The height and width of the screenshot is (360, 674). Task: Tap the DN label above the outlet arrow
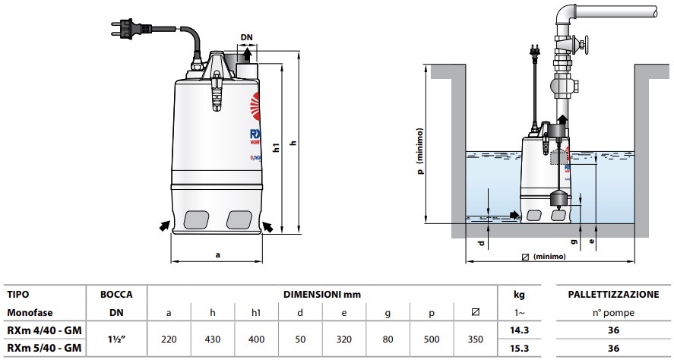pos(246,36)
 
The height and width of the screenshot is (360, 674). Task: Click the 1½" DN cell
pos(117,340)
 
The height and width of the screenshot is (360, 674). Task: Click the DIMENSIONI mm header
pos(322,293)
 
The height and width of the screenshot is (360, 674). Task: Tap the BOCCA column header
pos(117,293)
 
